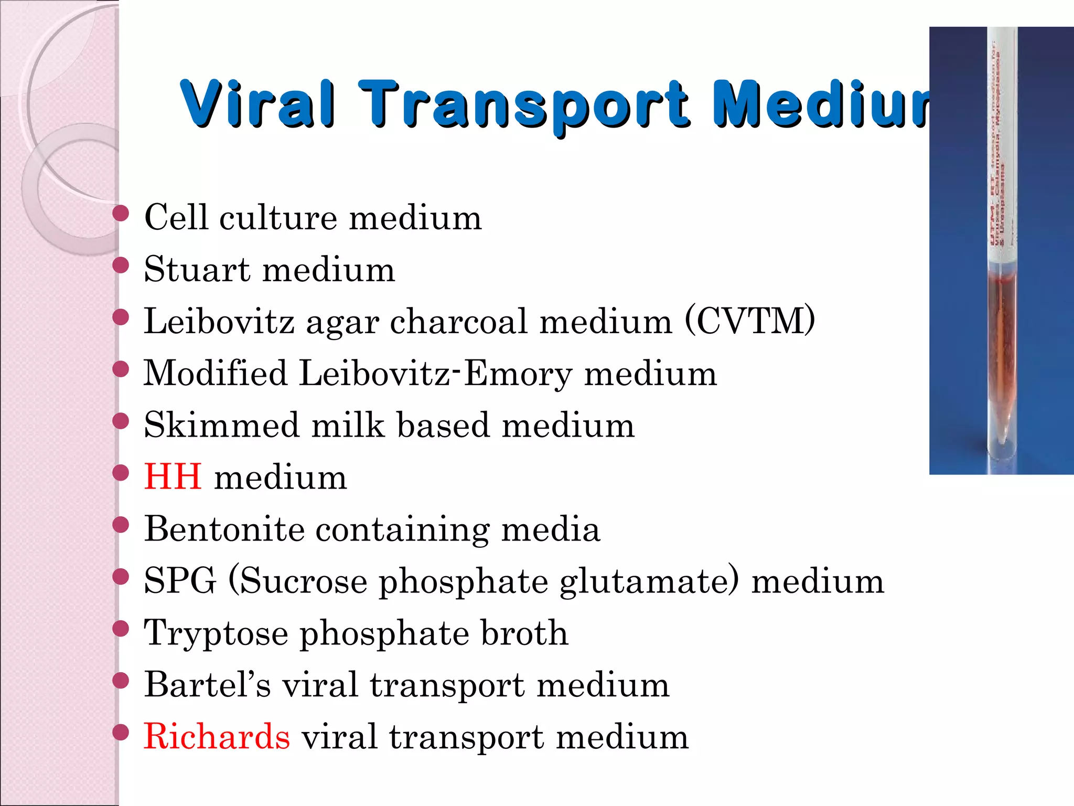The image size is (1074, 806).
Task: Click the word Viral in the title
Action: [x=257, y=104]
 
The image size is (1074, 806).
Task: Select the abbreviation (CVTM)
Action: [x=750, y=321]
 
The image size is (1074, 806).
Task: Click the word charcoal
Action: [x=458, y=321]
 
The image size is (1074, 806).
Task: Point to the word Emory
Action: [x=518, y=374]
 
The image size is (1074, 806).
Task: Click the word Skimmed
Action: [x=222, y=425]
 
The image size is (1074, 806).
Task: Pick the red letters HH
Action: [x=173, y=477]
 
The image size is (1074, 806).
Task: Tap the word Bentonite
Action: [x=224, y=529]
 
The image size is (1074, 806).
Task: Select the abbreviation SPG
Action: [x=180, y=581]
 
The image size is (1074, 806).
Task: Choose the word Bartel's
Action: [x=208, y=685]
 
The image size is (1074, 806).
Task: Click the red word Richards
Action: [x=217, y=737]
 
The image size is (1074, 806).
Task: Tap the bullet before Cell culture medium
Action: [x=121, y=214]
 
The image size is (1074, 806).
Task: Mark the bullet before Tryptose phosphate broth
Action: [x=121, y=629]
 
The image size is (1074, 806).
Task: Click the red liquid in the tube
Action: [x=1002, y=336]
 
